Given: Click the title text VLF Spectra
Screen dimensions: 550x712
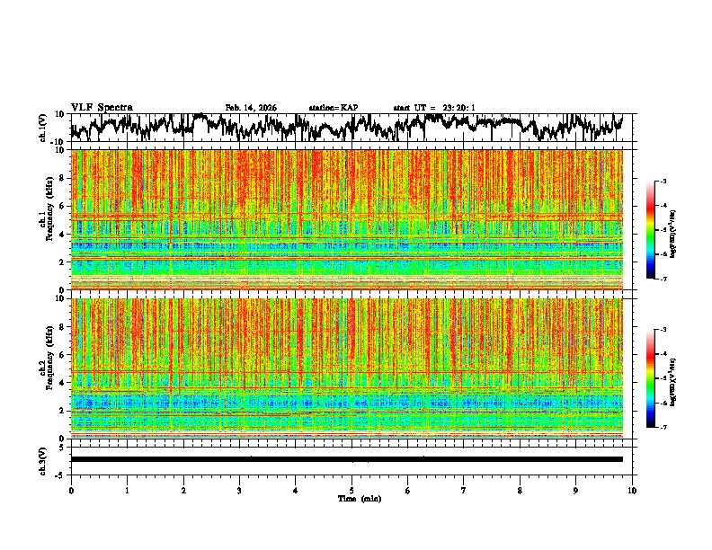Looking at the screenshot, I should click(x=102, y=108).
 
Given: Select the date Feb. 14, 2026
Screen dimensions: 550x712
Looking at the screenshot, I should click(x=251, y=108).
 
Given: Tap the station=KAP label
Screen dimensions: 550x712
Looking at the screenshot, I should click(x=333, y=108).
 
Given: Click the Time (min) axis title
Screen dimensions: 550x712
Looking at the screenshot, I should click(x=352, y=498).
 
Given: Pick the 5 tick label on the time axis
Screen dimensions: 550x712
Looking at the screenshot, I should click(x=352, y=490).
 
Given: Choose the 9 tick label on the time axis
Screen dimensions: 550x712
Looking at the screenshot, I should click(x=576, y=490).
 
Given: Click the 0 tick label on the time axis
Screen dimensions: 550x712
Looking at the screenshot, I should click(x=71, y=490).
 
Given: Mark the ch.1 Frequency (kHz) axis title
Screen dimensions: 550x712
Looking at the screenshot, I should click(x=53, y=219).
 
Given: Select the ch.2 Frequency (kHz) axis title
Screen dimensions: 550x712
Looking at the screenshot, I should click(x=53, y=368).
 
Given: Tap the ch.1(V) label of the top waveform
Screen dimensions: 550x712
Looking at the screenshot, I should click(x=43, y=128).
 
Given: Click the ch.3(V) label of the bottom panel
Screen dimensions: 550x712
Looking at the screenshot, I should click(x=43, y=459).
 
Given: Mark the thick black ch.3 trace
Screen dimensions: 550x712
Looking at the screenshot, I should click(x=346, y=459).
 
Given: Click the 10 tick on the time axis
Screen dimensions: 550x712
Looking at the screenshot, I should click(x=632, y=490).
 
